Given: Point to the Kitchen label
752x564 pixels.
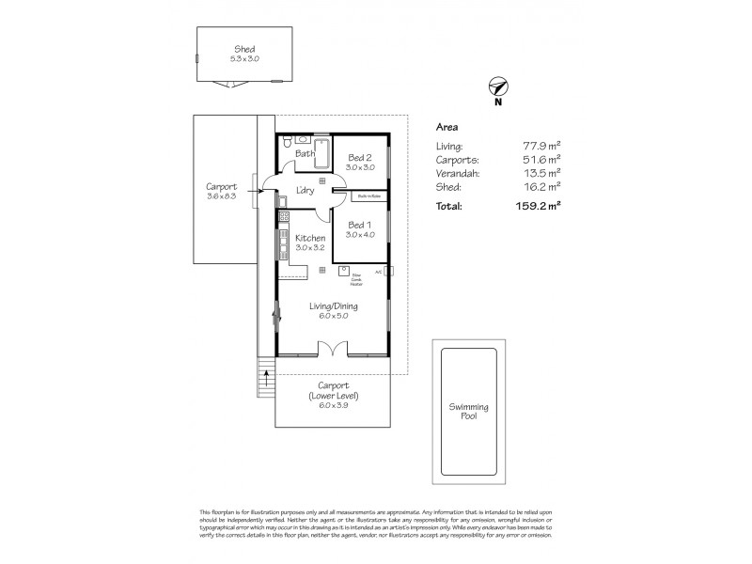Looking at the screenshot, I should (309, 238).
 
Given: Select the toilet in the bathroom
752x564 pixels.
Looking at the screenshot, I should (289, 143).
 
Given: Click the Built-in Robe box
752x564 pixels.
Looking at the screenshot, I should (368, 197).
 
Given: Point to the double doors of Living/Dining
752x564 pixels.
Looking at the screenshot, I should (333, 350).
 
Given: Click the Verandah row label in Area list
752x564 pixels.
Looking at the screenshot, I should (458, 173).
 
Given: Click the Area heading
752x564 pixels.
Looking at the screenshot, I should (446, 125).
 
